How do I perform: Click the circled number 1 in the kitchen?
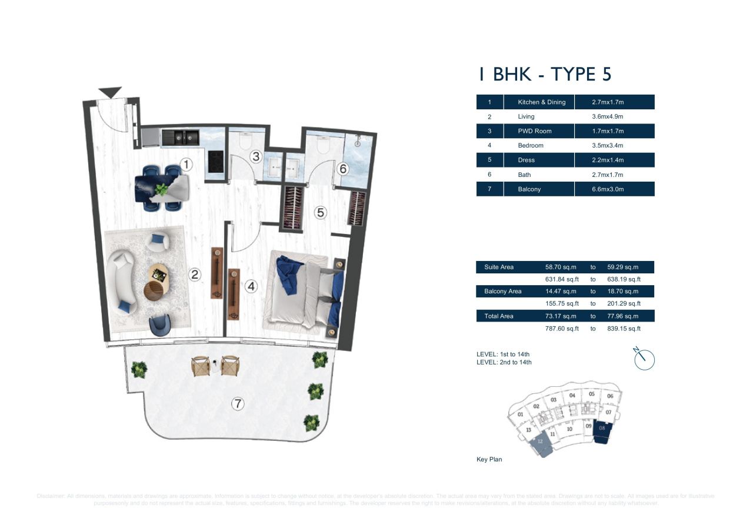coord(186,165)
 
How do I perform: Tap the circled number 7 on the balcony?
coord(238,404)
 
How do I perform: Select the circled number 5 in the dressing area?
coord(321,212)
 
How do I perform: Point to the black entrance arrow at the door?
coord(110,92)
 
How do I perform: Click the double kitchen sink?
coord(181,138)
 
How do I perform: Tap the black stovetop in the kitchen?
coord(216,162)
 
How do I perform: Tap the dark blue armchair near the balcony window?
coord(159,324)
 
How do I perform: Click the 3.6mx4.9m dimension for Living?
coord(608,116)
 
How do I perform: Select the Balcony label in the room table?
coord(529,189)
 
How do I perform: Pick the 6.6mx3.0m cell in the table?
coord(608,189)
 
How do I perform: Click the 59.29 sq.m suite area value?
coord(622,267)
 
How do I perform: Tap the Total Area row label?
coord(498,316)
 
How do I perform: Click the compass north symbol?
coord(644,359)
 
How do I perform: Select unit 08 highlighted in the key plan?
coord(602,429)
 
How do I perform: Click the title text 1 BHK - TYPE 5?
coord(545,74)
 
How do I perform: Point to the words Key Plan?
coord(489,459)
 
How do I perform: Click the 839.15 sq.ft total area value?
coord(624,329)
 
